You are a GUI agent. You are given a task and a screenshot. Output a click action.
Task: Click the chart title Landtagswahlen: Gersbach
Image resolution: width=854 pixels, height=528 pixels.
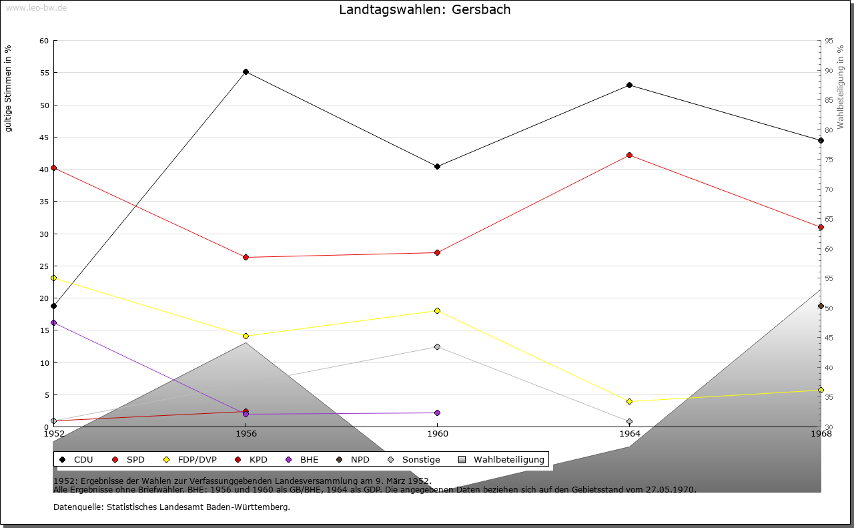pos(425,9)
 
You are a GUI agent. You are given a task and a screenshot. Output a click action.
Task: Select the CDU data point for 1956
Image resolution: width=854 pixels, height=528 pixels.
pos(246,71)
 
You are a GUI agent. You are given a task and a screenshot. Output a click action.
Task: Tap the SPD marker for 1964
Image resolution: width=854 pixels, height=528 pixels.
pos(629,155)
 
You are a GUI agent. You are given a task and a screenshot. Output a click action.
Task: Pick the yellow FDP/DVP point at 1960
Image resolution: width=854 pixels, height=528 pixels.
pos(437,310)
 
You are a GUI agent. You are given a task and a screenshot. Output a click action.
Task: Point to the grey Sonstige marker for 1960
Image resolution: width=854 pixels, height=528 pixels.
pos(437,346)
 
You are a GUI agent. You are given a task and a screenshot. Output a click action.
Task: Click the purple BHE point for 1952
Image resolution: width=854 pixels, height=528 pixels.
pos(53,322)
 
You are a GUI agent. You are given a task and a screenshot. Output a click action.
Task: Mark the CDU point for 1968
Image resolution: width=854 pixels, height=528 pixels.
pos(821,140)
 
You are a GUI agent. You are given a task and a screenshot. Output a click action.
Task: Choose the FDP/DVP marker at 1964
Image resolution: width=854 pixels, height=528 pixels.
pos(629,401)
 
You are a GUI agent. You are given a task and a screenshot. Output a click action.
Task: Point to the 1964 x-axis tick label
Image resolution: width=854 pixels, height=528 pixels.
pos(629,433)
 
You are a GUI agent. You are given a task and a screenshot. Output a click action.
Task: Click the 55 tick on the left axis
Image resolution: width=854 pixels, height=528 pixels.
pos(44,73)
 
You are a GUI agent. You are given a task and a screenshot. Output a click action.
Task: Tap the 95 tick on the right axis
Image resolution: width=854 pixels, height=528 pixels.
pos(828,41)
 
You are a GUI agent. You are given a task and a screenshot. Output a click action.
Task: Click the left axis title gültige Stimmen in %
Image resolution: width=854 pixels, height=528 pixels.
pos(8,88)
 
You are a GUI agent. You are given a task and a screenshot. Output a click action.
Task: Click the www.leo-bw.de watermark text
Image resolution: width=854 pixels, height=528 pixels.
pos(35,7)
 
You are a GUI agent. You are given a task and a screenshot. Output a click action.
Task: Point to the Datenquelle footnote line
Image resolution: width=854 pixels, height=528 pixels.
pos(171,507)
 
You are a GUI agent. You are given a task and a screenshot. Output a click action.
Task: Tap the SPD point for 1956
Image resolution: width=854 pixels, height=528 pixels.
pos(246,257)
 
